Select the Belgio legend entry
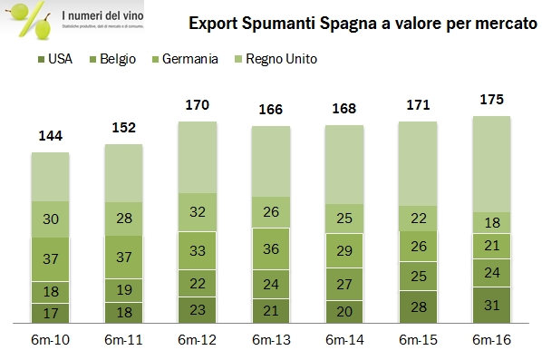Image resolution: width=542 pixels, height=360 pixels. (116, 59)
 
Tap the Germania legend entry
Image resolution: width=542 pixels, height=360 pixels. (189, 59)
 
